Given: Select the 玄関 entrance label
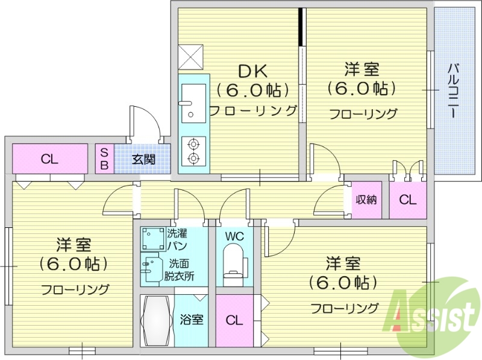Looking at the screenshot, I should coord(143,160).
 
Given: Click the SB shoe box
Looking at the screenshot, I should coord(104,159).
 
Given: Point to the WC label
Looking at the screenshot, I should coord(234,236).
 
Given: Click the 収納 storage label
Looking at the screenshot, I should coord(366,199).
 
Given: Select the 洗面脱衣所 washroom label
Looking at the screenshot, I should coord(181,268).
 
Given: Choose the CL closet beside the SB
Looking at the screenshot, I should coord(49,159).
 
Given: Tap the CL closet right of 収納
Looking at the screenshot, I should coord(408,200).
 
